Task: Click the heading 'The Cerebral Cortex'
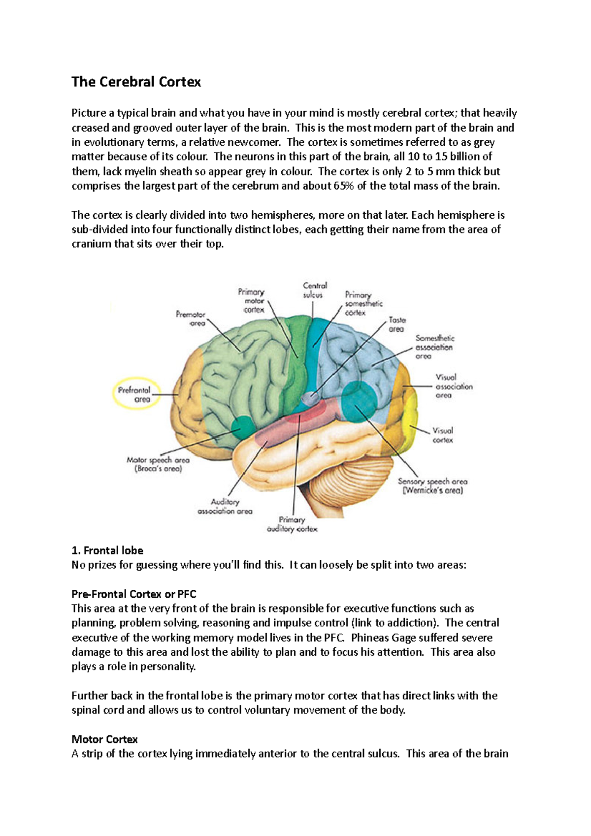[136, 82]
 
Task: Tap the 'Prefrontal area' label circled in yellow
[136, 394]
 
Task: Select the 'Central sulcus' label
[314, 290]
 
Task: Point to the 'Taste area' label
[396, 324]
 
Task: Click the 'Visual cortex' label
[443, 435]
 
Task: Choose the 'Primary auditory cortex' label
[292, 524]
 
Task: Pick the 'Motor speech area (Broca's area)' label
[158, 464]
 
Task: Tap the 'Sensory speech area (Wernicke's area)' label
[433, 486]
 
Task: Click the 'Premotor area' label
[191, 319]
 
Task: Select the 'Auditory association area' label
[225, 507]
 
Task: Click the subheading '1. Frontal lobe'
[107, 550]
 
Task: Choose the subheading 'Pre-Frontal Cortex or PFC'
[134, 594]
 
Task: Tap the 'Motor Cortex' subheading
[104, 740]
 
